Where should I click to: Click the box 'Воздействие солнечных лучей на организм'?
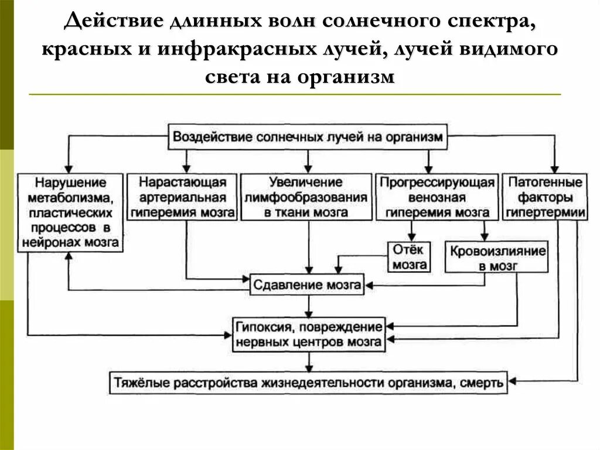click(x=309, y=137)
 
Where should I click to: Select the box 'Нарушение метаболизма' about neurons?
click(x=70, y=212)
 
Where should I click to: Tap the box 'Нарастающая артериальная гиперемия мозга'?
click(x=183, y=197)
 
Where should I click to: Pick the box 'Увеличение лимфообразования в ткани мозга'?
click(x=306, y=197)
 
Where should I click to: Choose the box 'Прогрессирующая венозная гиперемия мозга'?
click(x=438, y=197)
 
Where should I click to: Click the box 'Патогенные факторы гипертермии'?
click(x=545, y=197)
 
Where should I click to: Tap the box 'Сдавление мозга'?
click(x=307, y=285)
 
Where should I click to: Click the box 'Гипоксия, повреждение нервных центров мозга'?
click(x=308, y=333)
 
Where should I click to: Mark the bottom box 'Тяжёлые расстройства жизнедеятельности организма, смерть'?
click(x=308, y=383)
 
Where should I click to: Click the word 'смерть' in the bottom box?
click(x=482, y=383)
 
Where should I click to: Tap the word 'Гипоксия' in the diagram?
click(x=260, y=326)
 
